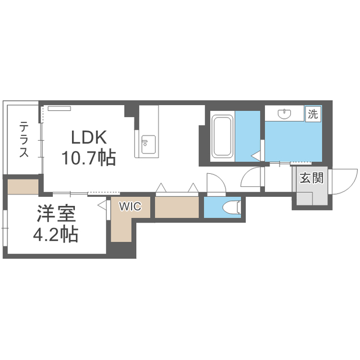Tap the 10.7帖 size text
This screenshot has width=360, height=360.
pyautogui.click(x=88, y=159)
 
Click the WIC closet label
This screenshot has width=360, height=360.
pyautogui.click(x=125, y=206)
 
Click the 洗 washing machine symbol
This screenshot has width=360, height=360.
pyautogui.click(x=312, y=113)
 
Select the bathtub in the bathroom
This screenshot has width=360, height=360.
pyautogui.click(x=221, y=137)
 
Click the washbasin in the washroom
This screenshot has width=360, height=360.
pyautogui.click(x=284, y=115)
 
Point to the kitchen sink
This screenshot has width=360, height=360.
pyautogui.click(x=147, y=141)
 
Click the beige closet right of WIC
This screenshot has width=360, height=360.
pyautogui.click(x=177, y=208)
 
